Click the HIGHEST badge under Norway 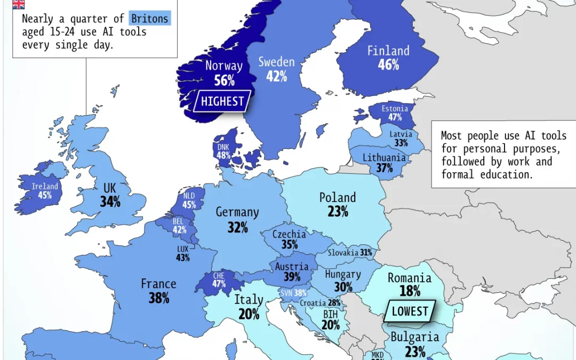[x=222, y=101]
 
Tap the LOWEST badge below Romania [x=410, y=311]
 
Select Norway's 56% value [x=224, y=81]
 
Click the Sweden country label [x=276, y=62]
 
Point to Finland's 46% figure [x=388, y=65]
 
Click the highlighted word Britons [x=150, y=19]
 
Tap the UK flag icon [x=18, y=4]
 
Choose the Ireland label [x=45, y=187]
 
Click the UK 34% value [x=110, y=202]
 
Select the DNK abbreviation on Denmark [x=223, y=147]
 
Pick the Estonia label [x=395, y=109]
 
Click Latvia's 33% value [x=401, y=143]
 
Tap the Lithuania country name [x=384, y=158]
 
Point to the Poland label [x=338, y=198]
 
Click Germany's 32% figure [x=237, y=227]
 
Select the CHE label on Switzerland [x=219, y=275]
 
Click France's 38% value [x=159, y=298]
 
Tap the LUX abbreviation [x=183, y=249]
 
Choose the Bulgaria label [x=414, y=337]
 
